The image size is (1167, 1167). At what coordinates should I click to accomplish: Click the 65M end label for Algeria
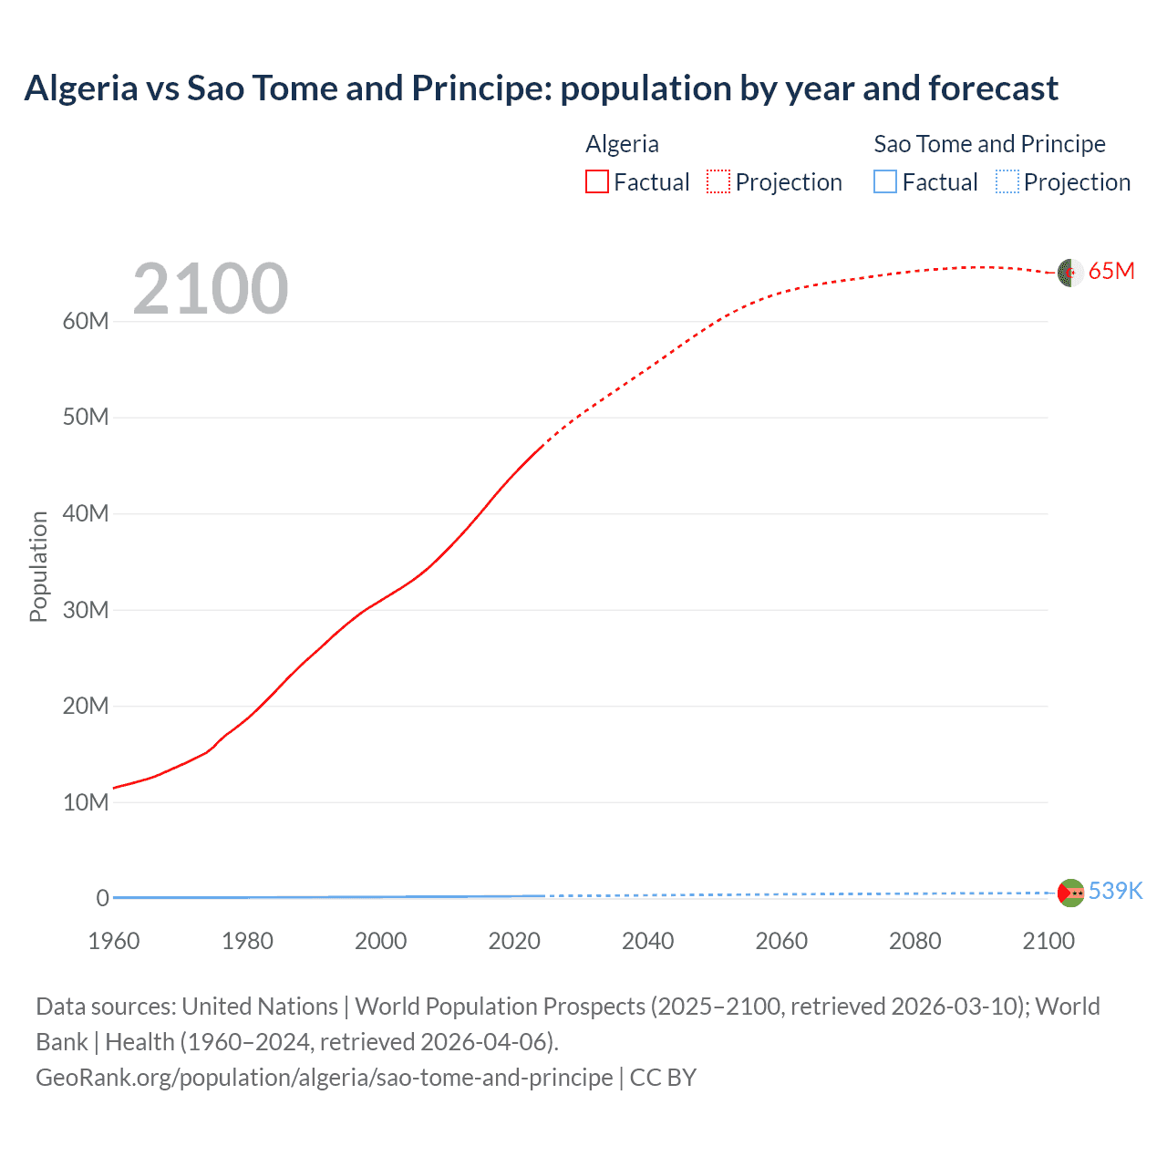pos(1111,272)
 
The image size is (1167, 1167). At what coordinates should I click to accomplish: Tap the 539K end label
pos(1115,891)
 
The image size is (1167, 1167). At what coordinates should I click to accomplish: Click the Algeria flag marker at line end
pos(1069,273)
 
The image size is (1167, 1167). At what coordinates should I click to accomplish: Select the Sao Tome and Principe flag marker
pos(1070,893)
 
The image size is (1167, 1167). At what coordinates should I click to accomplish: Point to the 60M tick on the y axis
pos(86,321)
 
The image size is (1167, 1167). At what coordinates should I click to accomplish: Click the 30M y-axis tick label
pos(86,610)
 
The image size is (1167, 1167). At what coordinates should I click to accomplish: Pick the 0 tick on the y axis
pos(103,898)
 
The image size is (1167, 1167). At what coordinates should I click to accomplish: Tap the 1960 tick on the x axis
pos(114,941)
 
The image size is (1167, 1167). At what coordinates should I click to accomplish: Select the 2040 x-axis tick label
pos(648,941)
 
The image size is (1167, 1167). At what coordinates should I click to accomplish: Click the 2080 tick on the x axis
pos(915,941)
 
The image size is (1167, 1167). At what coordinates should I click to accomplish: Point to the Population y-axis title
pos(38,566)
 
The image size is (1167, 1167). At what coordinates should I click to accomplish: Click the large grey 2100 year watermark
pos(211,289)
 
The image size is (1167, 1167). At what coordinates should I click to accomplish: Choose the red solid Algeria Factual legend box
pos(597,182)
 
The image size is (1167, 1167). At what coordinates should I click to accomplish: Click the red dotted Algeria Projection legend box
pos(718,182)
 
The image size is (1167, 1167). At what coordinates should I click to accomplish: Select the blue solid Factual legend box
pos(885,182)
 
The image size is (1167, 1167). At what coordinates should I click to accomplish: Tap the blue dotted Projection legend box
pos(1007,182)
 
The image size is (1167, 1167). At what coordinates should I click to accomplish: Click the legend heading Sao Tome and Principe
pos(989,144)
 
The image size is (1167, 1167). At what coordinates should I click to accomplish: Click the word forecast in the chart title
pos(993,88)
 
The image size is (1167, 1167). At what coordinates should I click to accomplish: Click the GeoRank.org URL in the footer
pos(325,1078)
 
